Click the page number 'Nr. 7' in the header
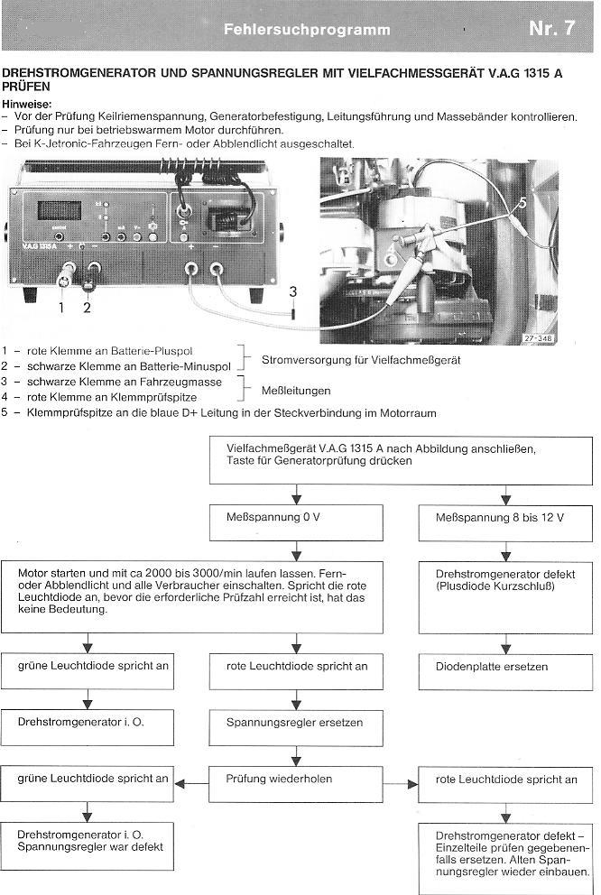551,28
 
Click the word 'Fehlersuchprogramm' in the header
307,30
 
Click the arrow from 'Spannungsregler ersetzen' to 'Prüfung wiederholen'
291,752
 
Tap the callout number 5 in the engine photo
523,204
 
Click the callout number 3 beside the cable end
292,291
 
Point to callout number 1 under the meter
62,307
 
